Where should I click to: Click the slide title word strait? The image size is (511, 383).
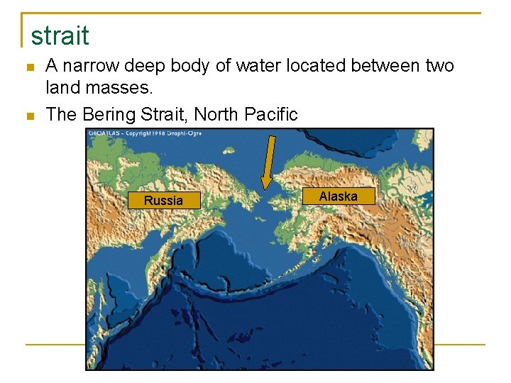(60, 35)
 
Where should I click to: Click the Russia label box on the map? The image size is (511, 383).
(163, 201)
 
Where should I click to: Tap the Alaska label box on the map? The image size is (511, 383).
(338, 196)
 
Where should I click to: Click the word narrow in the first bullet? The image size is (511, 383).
(92, 67)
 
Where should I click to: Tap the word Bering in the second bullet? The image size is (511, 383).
(107, 114)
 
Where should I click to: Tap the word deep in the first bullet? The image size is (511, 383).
(145, 67)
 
